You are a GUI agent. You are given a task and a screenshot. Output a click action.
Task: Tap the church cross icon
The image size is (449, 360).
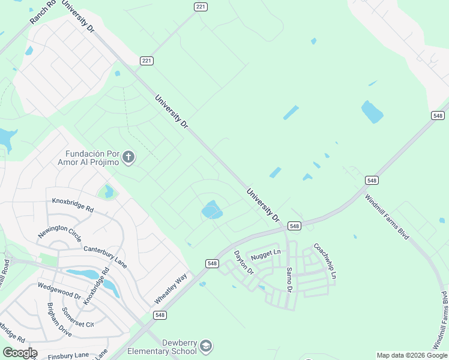128,158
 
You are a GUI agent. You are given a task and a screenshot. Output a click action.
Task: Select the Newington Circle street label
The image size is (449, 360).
58,227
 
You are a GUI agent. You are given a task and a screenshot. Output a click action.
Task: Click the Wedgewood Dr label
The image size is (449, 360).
59,291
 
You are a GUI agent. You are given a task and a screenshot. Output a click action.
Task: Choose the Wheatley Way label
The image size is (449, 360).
170,288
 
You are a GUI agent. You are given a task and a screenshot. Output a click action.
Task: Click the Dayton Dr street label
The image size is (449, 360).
244,263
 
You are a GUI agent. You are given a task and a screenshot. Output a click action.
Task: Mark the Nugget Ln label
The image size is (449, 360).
266,254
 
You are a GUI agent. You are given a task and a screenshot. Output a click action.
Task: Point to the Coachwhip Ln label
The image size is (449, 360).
325,262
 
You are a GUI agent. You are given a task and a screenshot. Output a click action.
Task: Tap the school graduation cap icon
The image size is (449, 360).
206,346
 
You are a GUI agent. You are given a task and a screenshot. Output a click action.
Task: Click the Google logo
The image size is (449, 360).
19,353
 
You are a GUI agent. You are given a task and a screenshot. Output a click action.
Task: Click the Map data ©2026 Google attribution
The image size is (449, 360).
412,355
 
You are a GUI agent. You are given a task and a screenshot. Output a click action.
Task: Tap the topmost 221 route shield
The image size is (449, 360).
200,7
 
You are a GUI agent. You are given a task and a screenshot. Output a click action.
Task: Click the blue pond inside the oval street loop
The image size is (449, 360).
211,210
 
